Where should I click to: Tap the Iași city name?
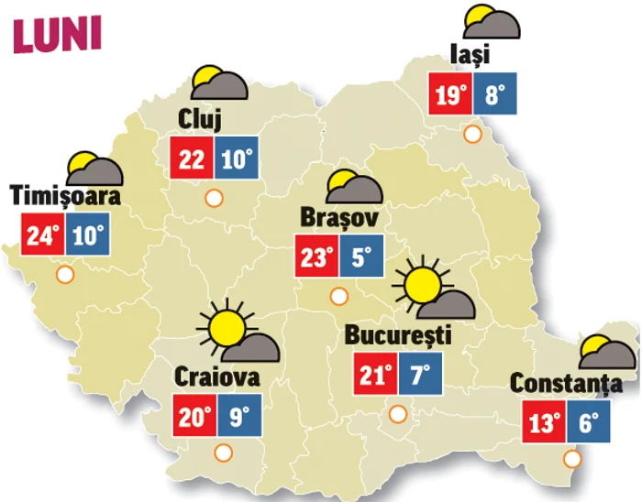[x=470, y=56]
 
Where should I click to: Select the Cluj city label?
[x=201, y=120]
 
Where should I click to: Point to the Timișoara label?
[x=66, y=196]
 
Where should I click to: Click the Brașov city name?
[x=339, y=219]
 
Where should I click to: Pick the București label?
[x=398, y=335]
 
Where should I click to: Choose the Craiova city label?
[x=216, y=376]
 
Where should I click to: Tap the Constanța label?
[x=559, y=384]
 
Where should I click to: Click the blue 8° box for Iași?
[x=494, y=94]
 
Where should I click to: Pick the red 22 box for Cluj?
[x=193, y=159]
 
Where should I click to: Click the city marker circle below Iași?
[x=473, y=135]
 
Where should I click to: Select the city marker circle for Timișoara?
[x=65, y=274]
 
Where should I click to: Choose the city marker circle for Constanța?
[x=572, y=458]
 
